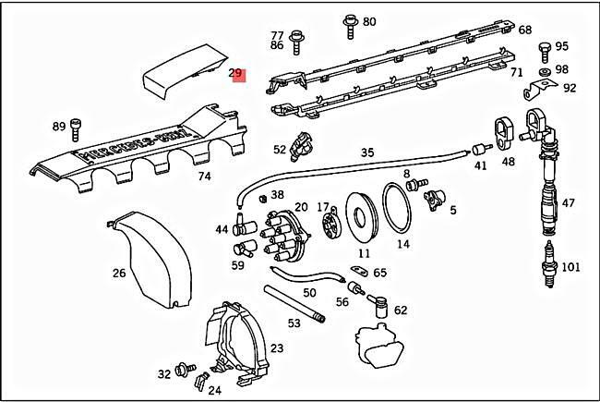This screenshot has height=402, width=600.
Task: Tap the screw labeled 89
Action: [78, 127]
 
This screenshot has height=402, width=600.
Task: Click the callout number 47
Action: [569, 203]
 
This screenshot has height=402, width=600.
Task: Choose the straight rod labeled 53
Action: [294, 303]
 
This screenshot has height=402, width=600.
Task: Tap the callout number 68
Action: [524, 30]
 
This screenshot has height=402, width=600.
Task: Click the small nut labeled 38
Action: [263, 196]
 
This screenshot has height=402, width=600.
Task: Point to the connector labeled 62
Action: [378, 303]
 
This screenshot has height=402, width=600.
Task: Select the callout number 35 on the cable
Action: [367, 152]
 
